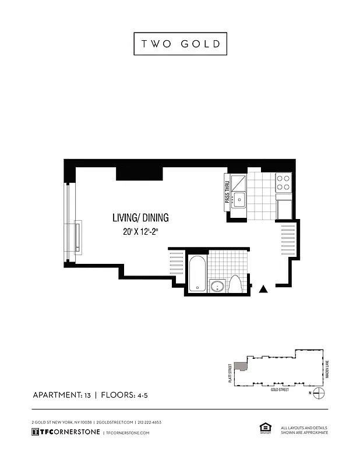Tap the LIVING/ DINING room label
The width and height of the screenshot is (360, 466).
(x=140, y=218)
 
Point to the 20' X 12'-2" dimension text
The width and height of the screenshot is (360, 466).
(x=140, y=231)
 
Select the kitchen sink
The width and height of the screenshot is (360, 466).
(x=239, y=200)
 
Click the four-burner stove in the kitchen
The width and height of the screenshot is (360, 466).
(x=283, y=183)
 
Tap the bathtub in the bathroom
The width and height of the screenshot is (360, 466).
(x=198, y=273)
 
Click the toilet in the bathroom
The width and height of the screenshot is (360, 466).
(x=236, y=285)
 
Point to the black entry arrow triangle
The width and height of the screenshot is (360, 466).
(x=263, y=288)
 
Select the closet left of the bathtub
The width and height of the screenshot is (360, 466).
(x=177, y=265)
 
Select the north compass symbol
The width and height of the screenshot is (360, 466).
(x=318, y=394)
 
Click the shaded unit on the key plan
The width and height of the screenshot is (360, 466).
(x=239, y=365)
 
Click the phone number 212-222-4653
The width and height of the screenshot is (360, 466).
(x=149, y=422)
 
